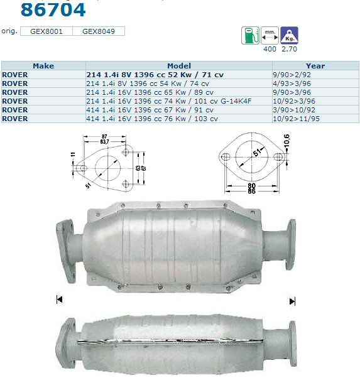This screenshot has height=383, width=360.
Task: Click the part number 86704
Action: (53, 10)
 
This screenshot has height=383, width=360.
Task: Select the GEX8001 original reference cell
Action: (46, 31)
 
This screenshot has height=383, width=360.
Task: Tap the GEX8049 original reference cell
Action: (99, 31)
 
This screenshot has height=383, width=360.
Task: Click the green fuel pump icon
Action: (250, 35)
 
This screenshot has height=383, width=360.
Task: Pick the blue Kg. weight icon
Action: (290, 35)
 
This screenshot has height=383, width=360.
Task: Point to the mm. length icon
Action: (270, 35)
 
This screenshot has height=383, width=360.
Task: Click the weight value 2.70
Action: (289, 49)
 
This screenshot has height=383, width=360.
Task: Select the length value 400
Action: (270, 49)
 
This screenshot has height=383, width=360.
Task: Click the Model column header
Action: (179, 66)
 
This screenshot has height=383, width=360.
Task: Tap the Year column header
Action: (315, 66)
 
